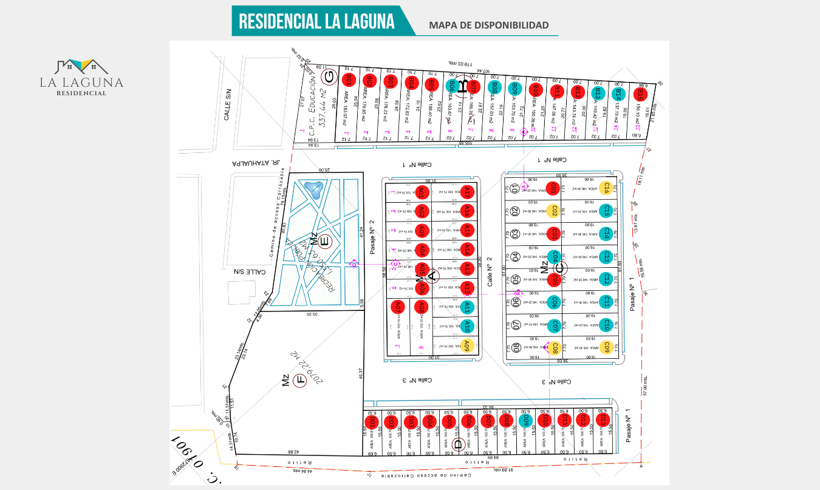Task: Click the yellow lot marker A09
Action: pos(466,346)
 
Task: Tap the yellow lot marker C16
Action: pos(605,188)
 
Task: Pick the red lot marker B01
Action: pos(349,80)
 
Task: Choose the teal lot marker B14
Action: pos(618,94)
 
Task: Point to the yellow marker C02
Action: pos(552,211)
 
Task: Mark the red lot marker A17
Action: pos(466,192)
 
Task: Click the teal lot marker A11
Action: pos(466,307)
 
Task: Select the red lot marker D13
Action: pos(603,420)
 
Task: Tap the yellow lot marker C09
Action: pos(605,347)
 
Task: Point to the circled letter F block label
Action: pos(299,381)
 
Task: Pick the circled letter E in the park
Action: pos(324,242)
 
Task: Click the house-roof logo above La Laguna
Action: pos(81,66)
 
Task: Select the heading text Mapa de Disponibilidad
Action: pos(488,25)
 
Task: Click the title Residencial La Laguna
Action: pos(316,21)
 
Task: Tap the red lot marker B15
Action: pos(639,95)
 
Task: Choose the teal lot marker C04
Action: pos(552,256)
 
